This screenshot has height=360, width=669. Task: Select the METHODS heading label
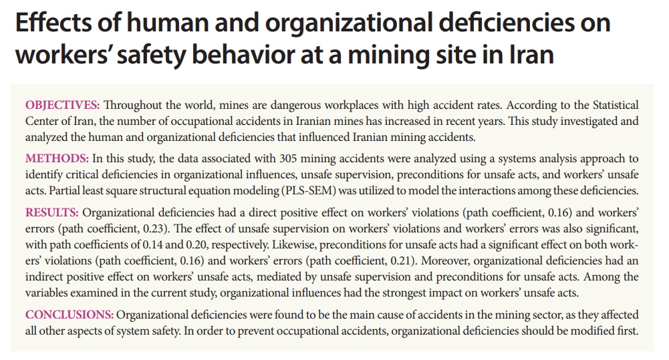click(56, 159)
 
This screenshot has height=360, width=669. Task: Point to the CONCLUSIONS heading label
click(70, 315)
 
